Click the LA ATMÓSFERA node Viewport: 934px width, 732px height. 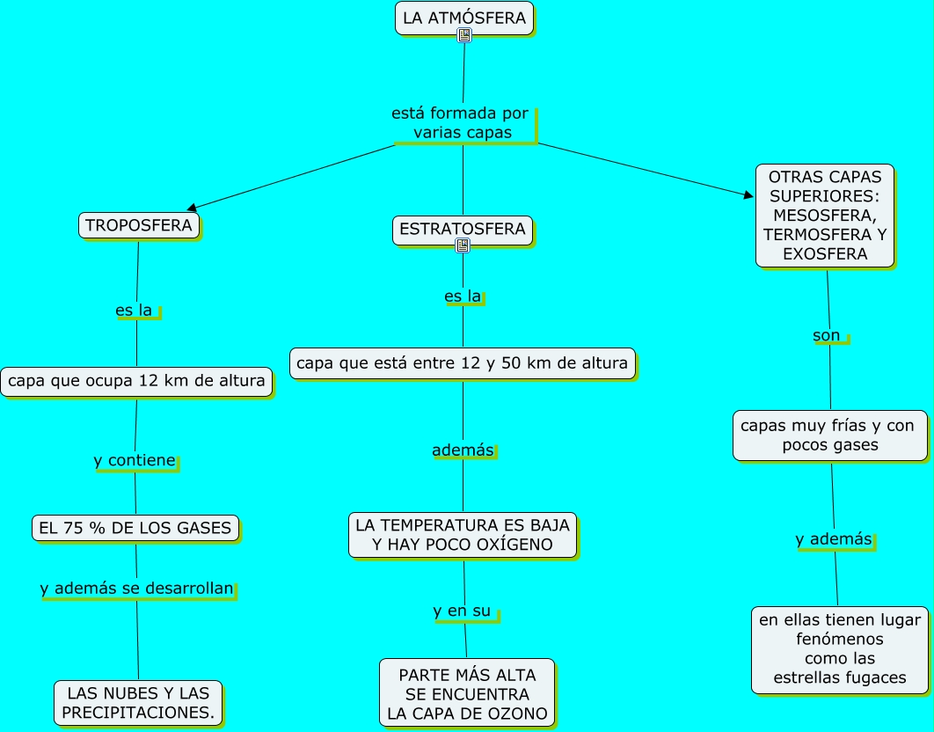(464, 18)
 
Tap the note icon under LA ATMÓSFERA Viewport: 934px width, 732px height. (464, 35)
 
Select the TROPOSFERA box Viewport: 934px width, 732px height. (139, 225)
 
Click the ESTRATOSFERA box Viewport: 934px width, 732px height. (463, 230)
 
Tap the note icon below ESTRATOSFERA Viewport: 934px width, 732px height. (463, 245)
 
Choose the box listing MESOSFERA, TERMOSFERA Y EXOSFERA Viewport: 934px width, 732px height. (825, 216)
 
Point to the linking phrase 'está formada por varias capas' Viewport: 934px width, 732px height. (462, 123)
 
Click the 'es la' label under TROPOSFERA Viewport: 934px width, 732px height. (135, 311)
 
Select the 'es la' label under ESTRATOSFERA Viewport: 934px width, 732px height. (463, 296)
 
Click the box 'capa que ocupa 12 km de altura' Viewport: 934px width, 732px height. (135, 382)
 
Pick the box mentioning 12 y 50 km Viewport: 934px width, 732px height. (463, 362)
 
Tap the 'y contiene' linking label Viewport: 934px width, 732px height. (135, 460)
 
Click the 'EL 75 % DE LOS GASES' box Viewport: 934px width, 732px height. (135, 528)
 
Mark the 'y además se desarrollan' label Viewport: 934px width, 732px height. (137, 589)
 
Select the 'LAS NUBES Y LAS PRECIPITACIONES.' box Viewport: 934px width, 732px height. (138, 702)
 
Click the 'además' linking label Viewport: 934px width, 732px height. (463, 450)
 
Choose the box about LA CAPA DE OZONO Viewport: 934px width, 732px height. (467, 693)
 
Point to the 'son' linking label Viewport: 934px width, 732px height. (827, 335)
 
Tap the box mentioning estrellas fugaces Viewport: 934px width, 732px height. (840, 648)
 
